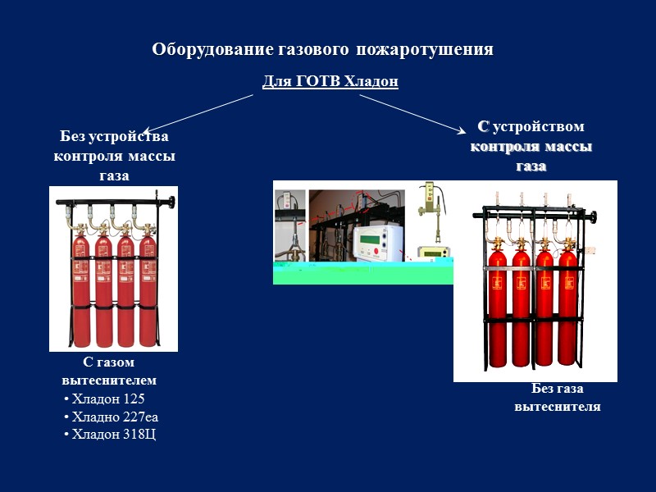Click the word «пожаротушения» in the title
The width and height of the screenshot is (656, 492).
coord(425,50)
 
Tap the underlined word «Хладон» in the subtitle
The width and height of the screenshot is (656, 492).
coord(371,82)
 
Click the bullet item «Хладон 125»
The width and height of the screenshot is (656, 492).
coord(107,399)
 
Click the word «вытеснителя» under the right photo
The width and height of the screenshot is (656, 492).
coord(558,406)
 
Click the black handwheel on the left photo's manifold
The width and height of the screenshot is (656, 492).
coord(171,202)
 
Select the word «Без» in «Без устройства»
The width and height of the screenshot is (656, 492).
coord(75,137)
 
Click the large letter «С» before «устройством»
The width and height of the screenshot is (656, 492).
coord(483,126)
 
